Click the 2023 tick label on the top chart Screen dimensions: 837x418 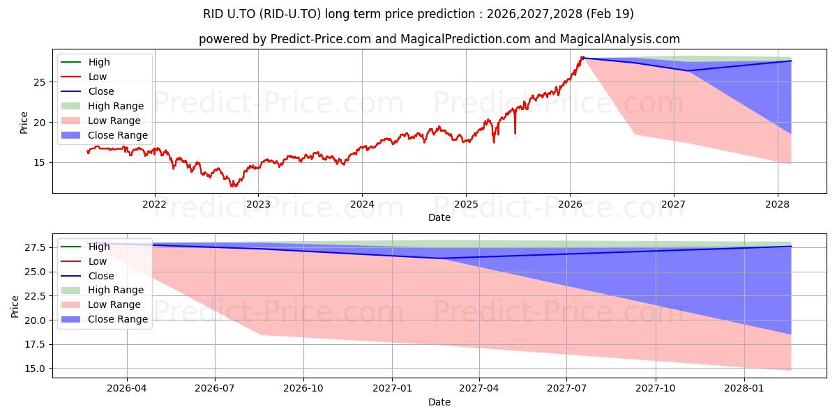click(258, 205)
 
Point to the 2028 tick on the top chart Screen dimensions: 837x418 click(778, 205)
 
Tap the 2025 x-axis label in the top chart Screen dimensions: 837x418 click(466, 205)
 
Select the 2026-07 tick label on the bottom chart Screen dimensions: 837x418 click(215, 389)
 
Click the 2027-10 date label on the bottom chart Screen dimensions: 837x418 click(656, 389)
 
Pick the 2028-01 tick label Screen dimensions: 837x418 click(744, 389)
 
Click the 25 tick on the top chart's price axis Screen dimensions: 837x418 click(39, 82)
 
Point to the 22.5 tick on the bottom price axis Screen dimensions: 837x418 click(35, 296)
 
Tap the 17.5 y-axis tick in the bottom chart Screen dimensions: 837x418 click(35, 344)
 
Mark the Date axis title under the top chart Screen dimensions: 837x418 click(439, 217)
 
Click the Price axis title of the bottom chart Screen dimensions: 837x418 click(15, 307)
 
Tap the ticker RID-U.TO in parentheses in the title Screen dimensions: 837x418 click(290, 14)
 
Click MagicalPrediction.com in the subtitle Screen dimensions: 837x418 click(465, 39)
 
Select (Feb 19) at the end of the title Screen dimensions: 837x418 click(610, 14)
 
